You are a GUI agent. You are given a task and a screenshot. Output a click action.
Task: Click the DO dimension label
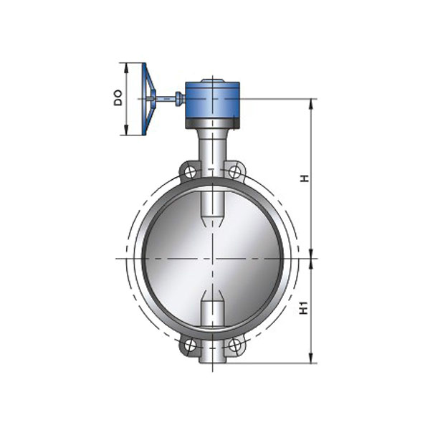pos(118,98)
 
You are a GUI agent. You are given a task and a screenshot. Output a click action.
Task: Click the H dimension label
pos(305,178)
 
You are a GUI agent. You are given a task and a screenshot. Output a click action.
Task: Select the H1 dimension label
pos(305,308)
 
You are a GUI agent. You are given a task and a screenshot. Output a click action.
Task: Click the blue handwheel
pos(148,99)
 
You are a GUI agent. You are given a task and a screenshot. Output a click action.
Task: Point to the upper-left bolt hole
pos(189,171)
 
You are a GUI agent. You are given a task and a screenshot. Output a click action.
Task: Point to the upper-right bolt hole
pos(234,171)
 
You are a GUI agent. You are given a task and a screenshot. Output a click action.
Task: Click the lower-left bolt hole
pos(189,345)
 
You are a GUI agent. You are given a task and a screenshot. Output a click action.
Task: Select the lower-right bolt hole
pos(234,345)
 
